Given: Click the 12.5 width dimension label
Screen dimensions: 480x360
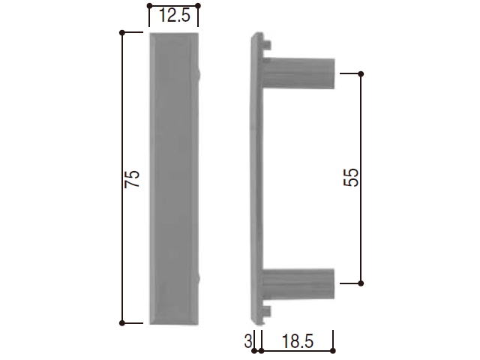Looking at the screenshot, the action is point(175,16).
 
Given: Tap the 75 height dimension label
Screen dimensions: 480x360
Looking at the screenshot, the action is point(132,178).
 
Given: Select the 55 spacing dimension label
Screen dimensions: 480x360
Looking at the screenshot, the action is point(351,177).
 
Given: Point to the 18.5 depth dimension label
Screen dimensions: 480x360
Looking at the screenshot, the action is point(298,341).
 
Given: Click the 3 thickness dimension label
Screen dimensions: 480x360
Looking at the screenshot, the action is point(248,341).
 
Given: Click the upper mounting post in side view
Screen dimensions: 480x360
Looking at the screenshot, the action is point(298,73).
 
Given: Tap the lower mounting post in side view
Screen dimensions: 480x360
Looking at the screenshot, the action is point(298,283).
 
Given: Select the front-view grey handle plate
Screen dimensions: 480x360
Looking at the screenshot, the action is point(174,178).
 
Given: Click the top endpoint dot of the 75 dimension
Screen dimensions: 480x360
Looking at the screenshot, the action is point(122,32).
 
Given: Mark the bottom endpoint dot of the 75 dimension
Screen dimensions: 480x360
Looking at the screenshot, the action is point(122,323).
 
